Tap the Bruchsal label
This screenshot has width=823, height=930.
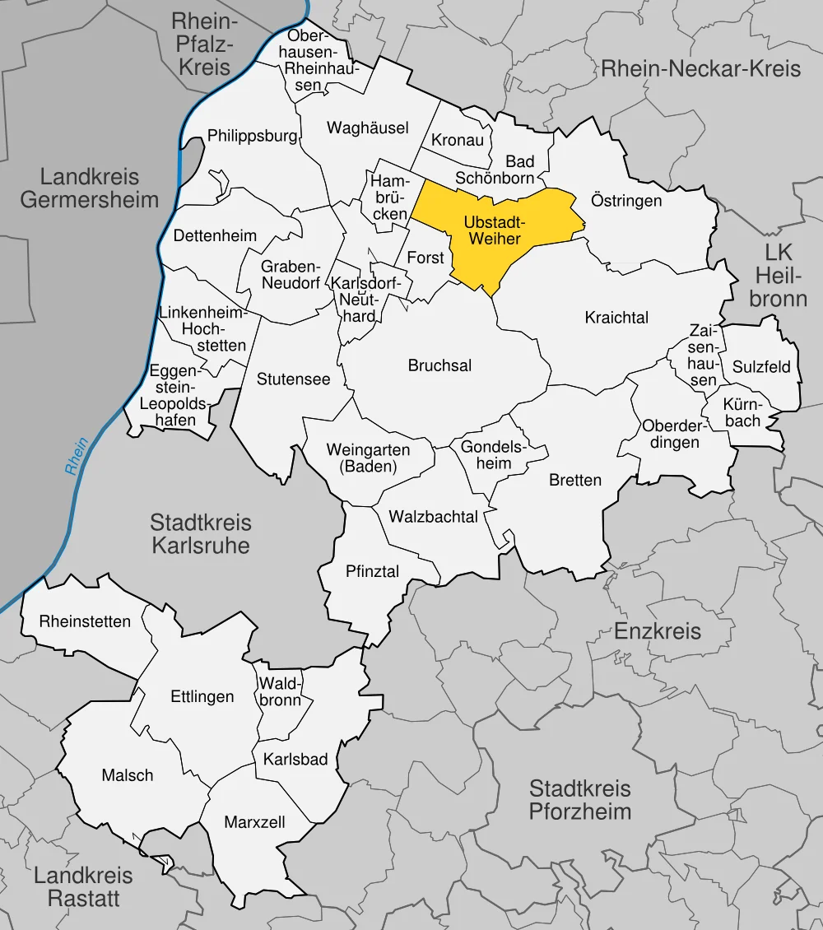[439, 365]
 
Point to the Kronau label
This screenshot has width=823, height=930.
[458, 140]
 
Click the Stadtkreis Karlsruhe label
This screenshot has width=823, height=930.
[201, 534]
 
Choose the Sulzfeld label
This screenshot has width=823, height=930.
[761, 366]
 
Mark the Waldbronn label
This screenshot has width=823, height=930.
[281, 691]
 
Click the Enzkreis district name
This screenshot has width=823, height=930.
[658, 631]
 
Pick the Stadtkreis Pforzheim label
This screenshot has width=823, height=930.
[580, 800]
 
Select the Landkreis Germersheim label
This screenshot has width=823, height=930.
[90, 188]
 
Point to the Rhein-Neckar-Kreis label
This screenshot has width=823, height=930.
[700, 68]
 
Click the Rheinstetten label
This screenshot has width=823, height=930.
[85, 621]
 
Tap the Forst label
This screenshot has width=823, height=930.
[425, 258]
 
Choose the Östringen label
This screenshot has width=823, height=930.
[626, 200]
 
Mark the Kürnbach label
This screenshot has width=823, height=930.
[742, 413]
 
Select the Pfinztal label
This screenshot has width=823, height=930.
[372, 570]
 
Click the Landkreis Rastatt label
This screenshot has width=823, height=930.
[83, 887]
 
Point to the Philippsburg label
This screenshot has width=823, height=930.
[252, 135]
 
